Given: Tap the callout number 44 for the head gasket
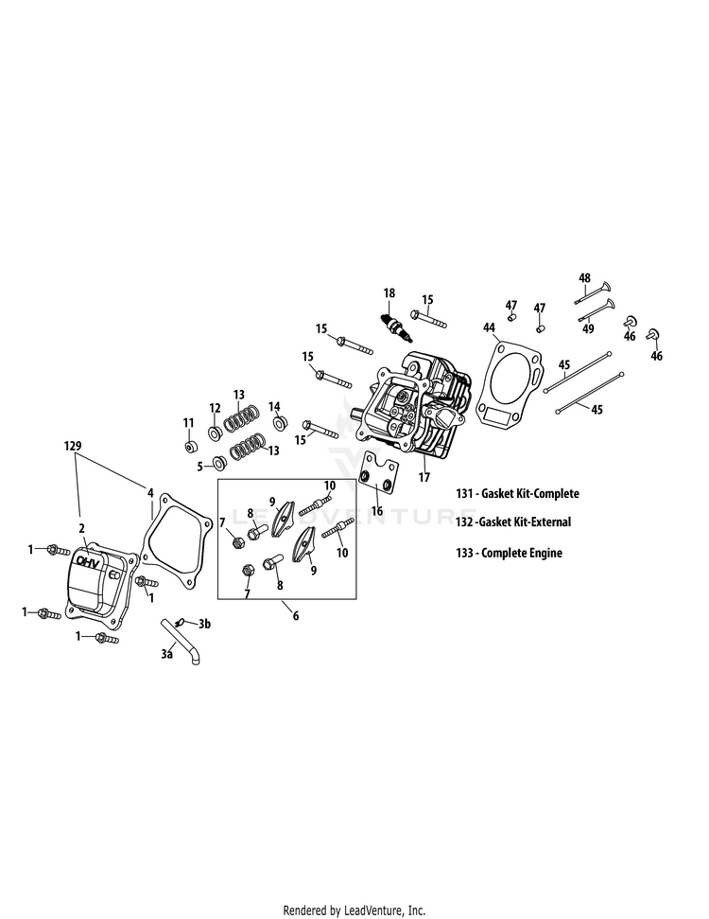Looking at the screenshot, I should click(x=489, y=327).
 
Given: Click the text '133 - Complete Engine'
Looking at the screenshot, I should click(x=508, y=553).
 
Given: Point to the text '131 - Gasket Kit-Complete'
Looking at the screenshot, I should click(x=516, y=493).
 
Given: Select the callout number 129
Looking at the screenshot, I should click(x=73, y=444).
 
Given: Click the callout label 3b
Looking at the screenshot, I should click(x=204, y=623).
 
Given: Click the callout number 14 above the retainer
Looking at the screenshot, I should click(x=275, y=406).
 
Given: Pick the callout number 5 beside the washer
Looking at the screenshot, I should click(x=200, y=466).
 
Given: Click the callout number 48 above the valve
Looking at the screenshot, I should click(x=584, y=278).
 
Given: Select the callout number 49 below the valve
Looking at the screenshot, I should click(x=588, y=328).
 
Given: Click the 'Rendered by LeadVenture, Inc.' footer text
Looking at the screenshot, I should click(x=354, y=910).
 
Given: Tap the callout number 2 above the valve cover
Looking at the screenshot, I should click(x=82, y=528).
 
